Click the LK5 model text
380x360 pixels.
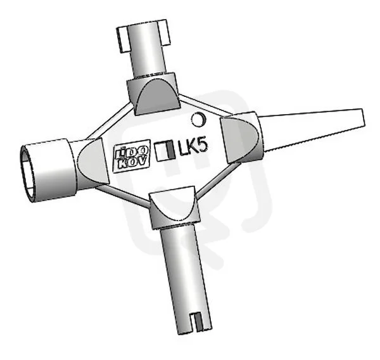(193, 147)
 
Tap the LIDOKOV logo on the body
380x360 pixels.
(132, 159)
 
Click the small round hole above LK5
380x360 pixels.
(198, 119)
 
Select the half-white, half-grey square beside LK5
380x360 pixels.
(165, 151)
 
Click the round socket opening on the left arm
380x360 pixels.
(28, 174)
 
